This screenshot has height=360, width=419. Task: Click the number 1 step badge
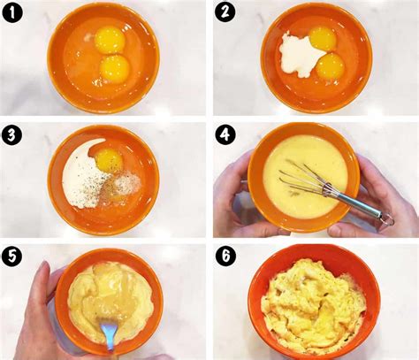pos(14,15)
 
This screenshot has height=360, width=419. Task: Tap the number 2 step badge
pos(226,15)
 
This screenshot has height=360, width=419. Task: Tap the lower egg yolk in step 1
pos(114,67)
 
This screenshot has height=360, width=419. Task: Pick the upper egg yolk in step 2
pos(321,39)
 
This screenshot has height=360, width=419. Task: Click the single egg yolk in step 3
pos(108,160)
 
